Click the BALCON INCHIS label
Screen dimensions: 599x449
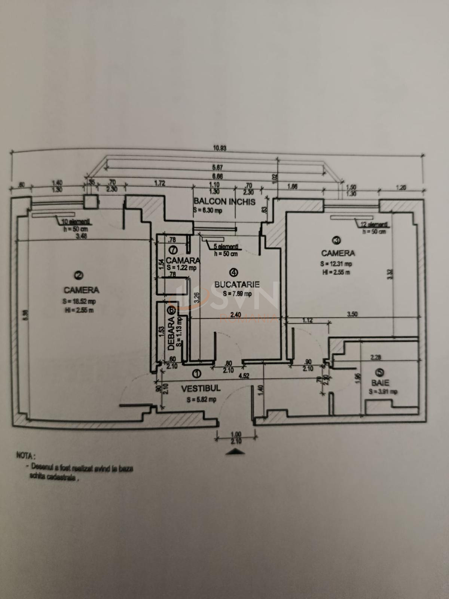[224, 202]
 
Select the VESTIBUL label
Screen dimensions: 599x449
[201, 389]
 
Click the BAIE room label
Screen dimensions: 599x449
[380, 383]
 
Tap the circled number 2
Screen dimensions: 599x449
[79, 276]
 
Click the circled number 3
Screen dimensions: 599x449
[336, 240]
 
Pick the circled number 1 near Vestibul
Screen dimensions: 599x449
[196, 373]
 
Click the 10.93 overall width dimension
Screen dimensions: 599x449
[220, 148]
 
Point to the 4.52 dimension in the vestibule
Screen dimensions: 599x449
[244, 376]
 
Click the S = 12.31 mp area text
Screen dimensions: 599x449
[336, 264]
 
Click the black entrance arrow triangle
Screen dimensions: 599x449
[235, 451]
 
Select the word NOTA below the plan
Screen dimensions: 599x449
[26, 456]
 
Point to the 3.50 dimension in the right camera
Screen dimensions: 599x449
[352, 314]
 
